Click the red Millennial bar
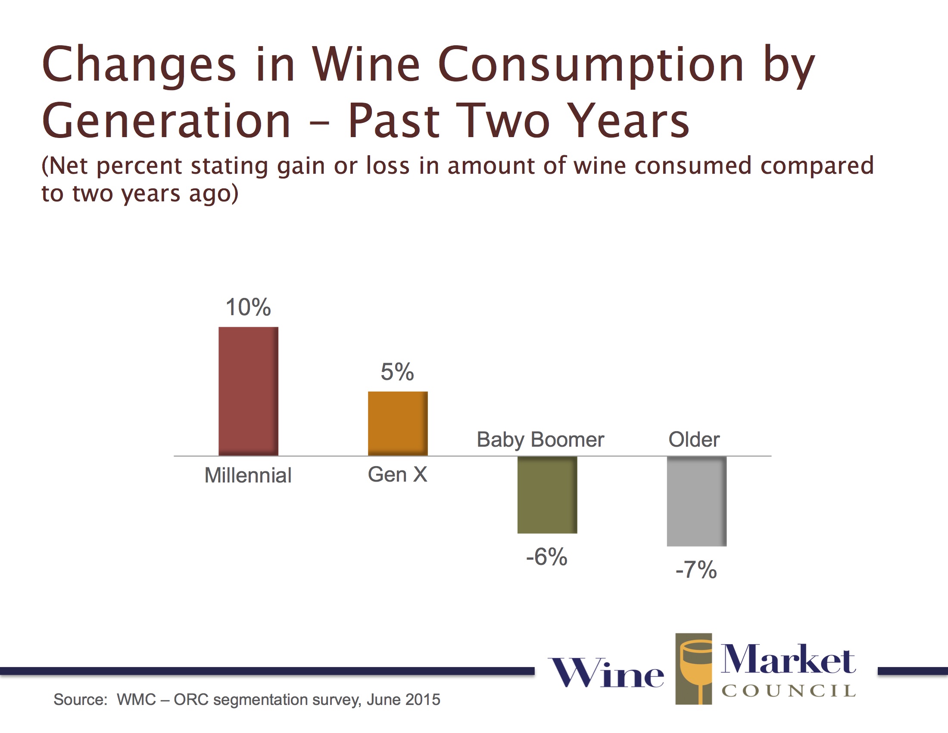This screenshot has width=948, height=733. coord(248,391)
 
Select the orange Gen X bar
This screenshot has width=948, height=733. coord(398,423)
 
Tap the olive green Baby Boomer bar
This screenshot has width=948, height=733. coord(547,495)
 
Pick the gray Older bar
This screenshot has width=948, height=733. coord(696,501)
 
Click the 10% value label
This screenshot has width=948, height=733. coord(248,307)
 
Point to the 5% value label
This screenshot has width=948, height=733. coord(397,372)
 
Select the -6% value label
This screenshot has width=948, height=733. coord(546,557)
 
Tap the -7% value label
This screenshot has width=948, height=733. coord(696,570)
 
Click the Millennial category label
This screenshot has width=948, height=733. coord(248,476)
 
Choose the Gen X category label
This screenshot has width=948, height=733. coord(397,475)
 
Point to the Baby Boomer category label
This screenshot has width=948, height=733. coord(540,440)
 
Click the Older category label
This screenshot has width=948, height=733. coord(694,440)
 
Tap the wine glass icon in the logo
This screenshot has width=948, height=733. coord(694,668)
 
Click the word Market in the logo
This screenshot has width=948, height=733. coord(788,660)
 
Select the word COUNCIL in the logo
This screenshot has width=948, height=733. coord(788,691)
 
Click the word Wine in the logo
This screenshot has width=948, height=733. coord(606,673)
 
